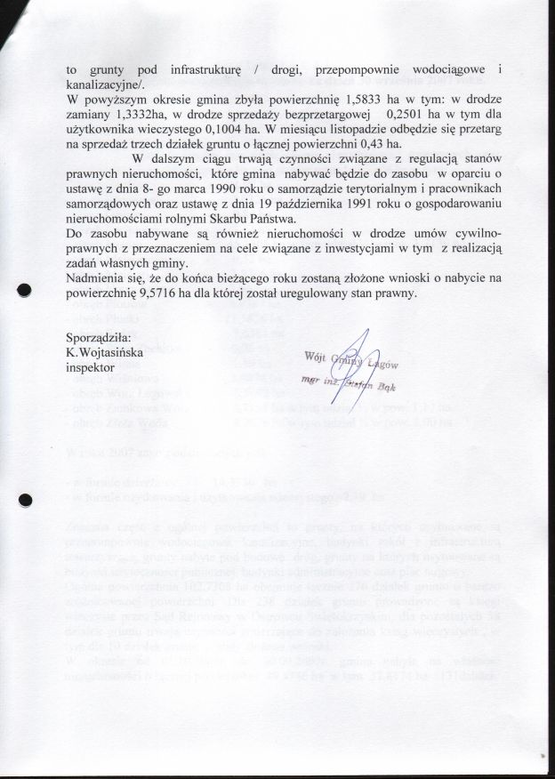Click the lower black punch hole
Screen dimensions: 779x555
coord(26,500)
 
